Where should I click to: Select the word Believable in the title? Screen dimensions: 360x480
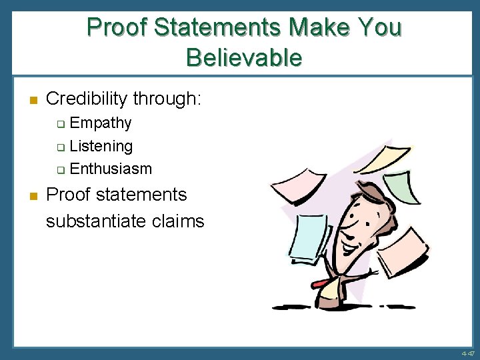(x=244, y=58)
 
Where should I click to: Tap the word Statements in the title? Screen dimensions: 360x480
(x=219, y=28)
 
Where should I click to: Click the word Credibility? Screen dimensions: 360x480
(x=87, y=99)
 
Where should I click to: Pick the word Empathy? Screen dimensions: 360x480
(x=101, y=123)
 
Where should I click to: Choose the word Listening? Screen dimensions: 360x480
(x=101, y=146)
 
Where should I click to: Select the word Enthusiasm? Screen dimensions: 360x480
(x=111, y=169)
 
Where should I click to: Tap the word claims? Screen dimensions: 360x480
(x=182, y=221)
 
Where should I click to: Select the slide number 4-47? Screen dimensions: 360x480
(x=467, y=353)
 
